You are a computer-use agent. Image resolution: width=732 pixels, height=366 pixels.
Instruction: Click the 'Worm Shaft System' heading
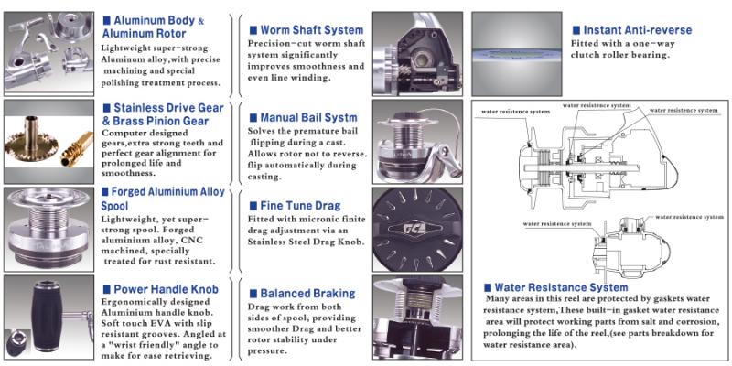point(311,30)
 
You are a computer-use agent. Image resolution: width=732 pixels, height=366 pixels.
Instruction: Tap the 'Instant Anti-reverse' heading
point(638,30)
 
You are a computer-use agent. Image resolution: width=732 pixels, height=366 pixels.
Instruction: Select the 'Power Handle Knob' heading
point(166,289)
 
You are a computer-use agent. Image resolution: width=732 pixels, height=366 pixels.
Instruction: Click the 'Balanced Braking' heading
point(307,294)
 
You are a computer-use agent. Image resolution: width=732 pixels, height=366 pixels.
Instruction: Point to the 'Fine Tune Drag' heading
point(300,206)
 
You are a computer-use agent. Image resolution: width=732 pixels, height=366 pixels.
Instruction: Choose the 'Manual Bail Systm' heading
point(308,118)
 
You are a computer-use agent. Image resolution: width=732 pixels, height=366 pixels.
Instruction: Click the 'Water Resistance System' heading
point(561,287)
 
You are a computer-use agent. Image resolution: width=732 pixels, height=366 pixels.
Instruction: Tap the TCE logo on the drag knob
point(417,229)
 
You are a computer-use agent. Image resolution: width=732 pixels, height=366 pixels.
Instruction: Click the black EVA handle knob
point(48,315)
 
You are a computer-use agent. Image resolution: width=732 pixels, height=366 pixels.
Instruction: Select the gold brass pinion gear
point(77,149)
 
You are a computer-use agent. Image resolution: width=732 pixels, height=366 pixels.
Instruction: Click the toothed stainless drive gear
point(31,143)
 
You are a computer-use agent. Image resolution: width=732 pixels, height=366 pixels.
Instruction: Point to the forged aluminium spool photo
point(48,230)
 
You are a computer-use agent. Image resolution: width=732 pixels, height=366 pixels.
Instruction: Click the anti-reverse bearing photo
point(516,54)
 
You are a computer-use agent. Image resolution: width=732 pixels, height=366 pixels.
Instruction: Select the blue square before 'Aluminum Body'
point(107,20)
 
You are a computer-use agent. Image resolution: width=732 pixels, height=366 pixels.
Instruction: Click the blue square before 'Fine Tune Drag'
point(253,206)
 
